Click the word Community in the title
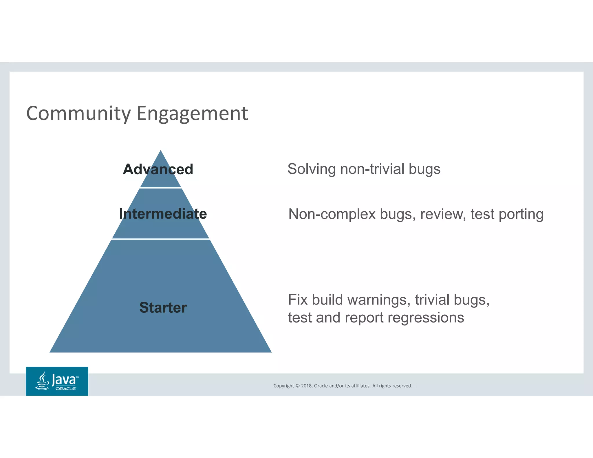78,113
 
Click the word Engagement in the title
192,114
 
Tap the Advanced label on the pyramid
158,169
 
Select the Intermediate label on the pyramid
163,214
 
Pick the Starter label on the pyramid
163,307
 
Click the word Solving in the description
311,169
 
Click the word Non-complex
332,215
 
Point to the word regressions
426,318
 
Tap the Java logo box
57,381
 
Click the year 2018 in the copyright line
306,386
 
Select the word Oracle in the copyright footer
321,386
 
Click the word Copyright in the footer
283,386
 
